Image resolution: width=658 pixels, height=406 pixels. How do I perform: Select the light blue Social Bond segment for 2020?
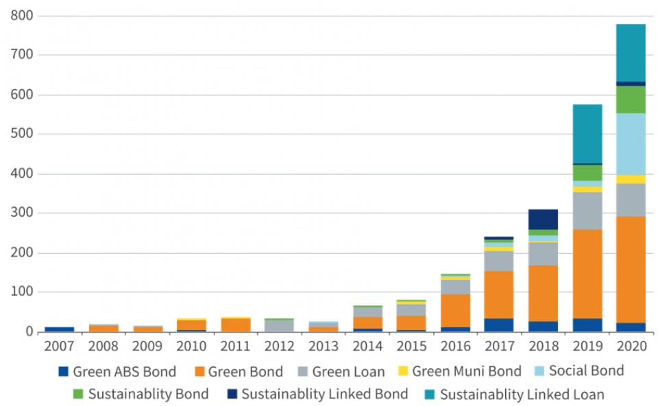coord(631,143)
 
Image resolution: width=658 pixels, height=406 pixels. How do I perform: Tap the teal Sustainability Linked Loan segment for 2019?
coord(587,134)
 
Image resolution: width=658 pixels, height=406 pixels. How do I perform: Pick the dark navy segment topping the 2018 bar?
coord(543,219)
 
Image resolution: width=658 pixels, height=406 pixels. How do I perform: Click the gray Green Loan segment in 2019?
coord(587,211)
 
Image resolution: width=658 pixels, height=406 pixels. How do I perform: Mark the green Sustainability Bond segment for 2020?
coord(631,99)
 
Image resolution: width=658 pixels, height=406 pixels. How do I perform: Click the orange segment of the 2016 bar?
coord(455,310)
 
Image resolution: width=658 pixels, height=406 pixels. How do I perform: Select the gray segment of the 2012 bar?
coord(279,326)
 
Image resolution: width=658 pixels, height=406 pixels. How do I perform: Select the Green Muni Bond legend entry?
coord(466,372)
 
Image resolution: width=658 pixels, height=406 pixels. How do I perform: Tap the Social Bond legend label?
coord(587,371)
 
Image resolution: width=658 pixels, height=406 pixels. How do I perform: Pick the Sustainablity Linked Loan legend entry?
coord(522,394)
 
